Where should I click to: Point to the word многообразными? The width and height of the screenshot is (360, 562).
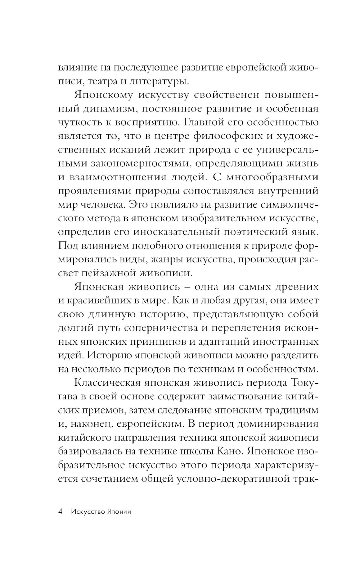(272, 177)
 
